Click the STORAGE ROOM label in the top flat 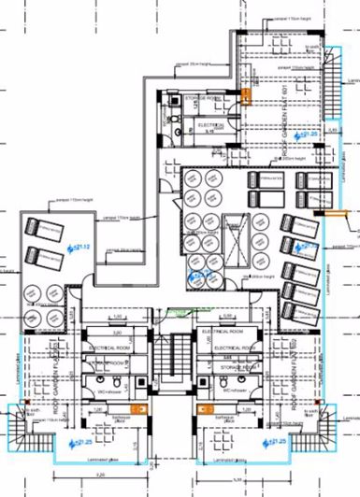202,96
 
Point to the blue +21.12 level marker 78,247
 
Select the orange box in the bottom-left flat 137,408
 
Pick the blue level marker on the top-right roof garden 303,135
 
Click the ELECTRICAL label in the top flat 210,124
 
